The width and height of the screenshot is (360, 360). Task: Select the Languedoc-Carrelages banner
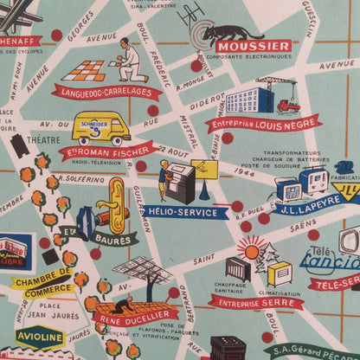pyautogui.click(x=99, y=89)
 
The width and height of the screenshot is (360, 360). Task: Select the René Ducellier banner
pyautogui.click(x=130, y=317)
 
